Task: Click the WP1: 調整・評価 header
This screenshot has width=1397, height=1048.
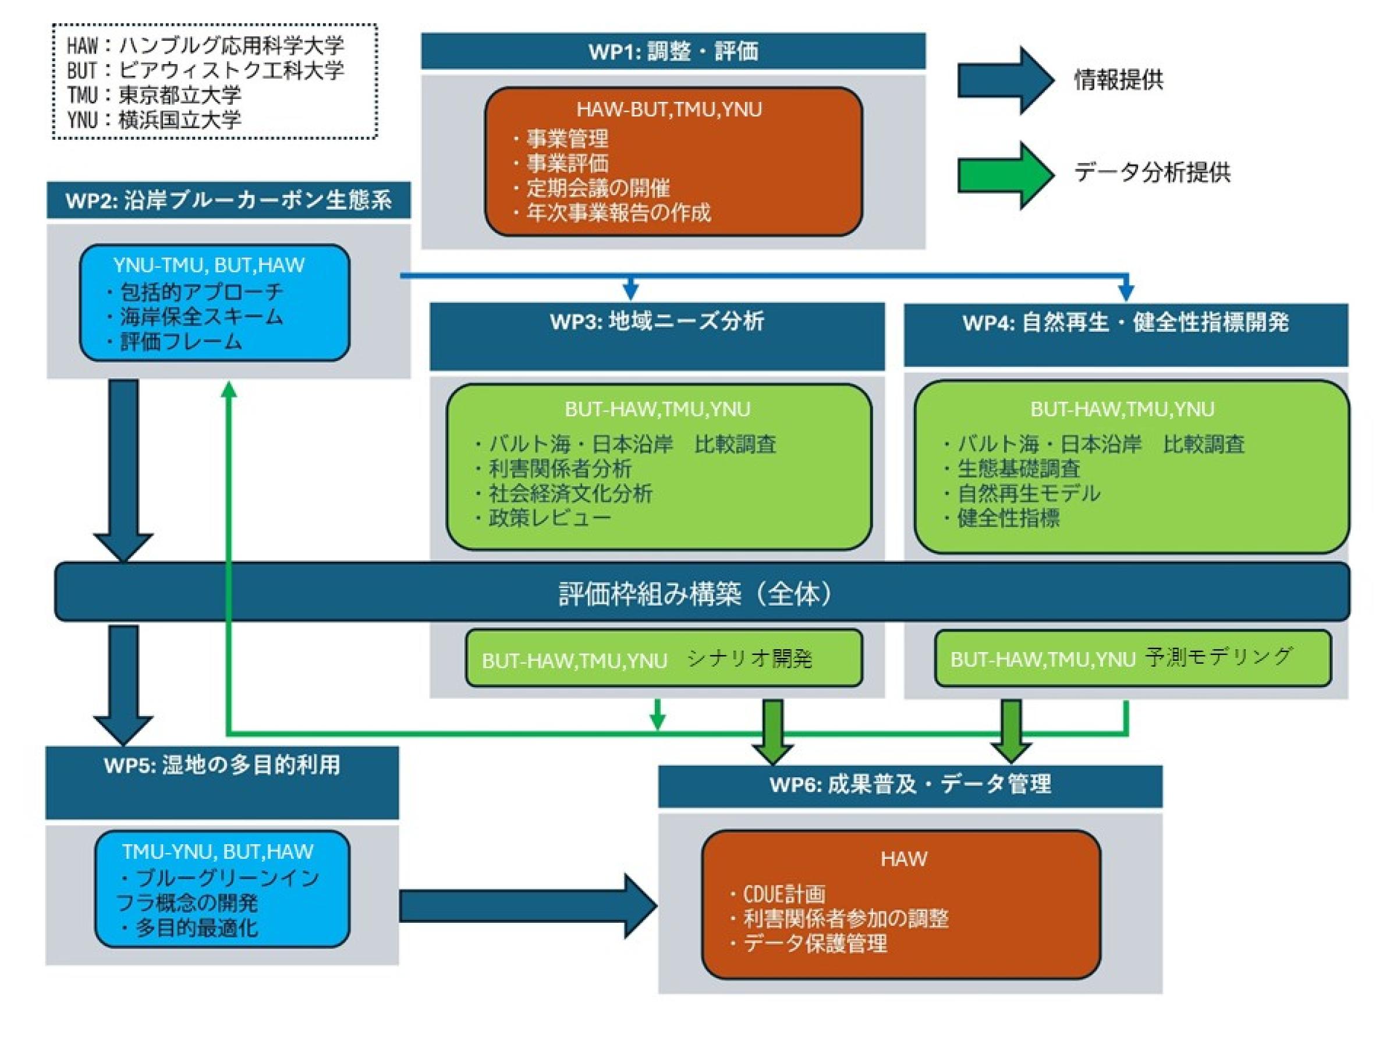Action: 673,51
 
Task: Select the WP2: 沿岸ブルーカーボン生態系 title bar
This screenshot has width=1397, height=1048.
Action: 229,200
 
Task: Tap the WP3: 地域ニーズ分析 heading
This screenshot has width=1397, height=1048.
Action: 657,321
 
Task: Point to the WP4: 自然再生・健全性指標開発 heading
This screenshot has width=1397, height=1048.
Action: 1125,323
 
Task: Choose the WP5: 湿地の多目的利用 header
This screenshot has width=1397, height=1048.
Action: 222,765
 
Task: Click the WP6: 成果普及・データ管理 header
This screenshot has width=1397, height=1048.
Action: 910,785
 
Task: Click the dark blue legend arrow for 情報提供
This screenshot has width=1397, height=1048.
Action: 1005,80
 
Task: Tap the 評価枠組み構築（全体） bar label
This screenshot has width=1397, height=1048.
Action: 694,593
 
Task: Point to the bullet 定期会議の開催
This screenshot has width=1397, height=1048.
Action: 597,188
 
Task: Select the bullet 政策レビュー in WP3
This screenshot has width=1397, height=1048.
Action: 549,518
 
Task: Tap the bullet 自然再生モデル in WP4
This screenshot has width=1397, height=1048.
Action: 1028,493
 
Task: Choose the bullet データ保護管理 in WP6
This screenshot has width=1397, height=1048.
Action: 815,944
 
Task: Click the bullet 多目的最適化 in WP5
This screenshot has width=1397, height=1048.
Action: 196,929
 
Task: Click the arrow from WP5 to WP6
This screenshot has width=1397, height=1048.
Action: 527,907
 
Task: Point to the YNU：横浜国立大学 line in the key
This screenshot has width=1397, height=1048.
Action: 154,119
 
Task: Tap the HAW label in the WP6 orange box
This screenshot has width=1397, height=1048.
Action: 904,859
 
